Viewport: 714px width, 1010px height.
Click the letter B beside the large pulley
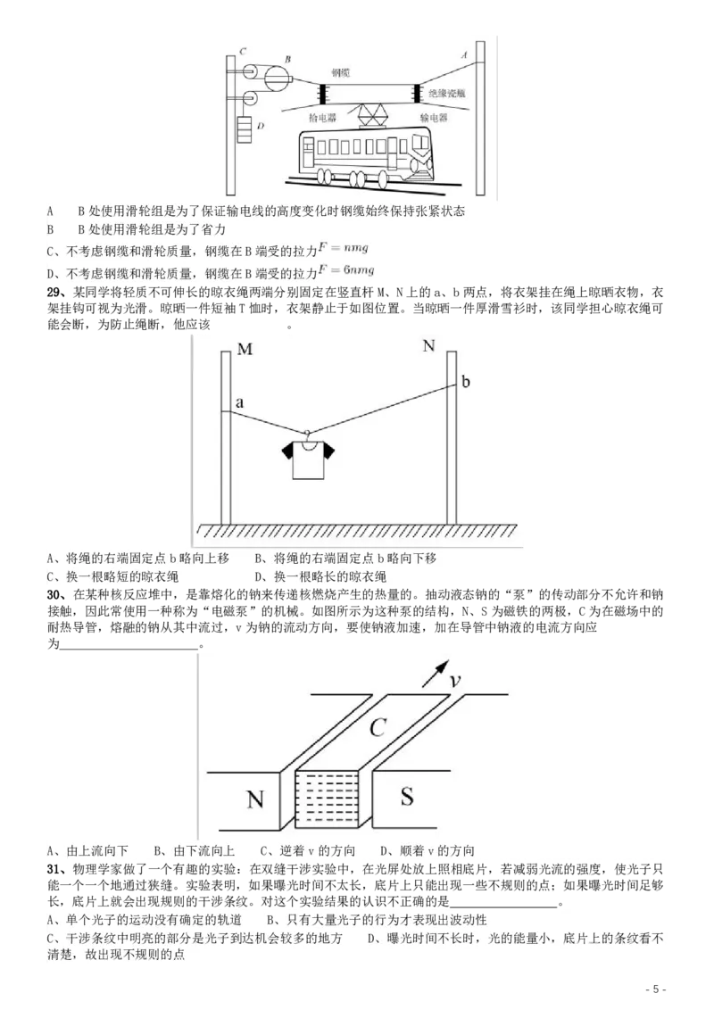point(287,59)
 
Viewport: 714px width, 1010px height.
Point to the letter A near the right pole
point(463,54)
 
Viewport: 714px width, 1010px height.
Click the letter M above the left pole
point(245,349)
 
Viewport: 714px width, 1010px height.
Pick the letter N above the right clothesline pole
point(428,345)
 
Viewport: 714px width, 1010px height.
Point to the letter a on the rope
point(239,403)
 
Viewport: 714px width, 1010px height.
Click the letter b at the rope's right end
point(466,382)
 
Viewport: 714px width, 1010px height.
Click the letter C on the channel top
point(377,728)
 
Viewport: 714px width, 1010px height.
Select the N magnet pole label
point(255,799)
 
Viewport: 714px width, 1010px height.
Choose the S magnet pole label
point(407,796)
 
